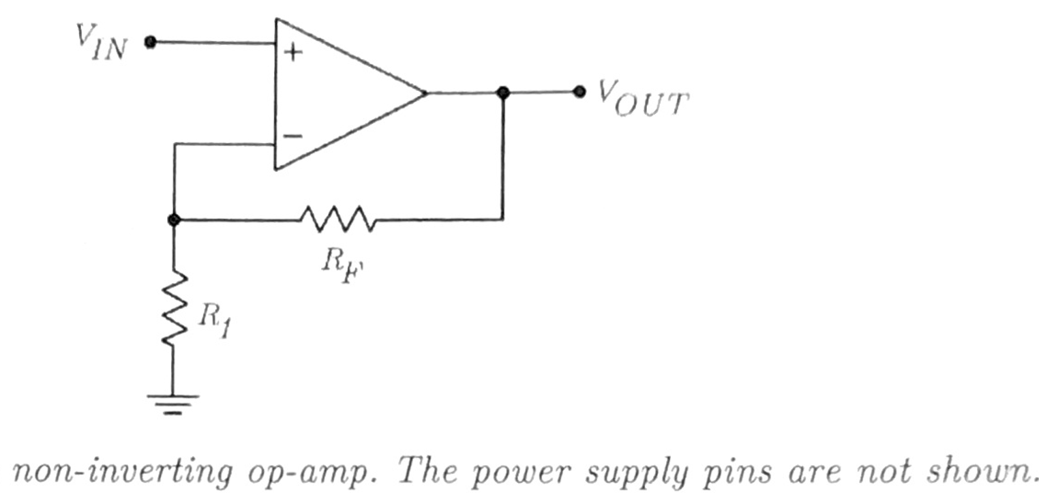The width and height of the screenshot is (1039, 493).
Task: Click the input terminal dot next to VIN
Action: (x=150, y=42)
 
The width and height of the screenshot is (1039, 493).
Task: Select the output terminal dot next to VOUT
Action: (x=579, y=91)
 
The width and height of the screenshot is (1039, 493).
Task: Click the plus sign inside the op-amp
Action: (x=292, y=53)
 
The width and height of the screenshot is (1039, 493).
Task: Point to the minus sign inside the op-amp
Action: (x=292, y=136)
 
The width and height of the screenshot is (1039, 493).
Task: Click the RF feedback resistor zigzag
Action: (x=337, y=220)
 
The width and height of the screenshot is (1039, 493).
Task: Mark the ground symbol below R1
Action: (x=173, y=402)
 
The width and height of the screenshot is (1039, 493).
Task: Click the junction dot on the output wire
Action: (x=503, y=92)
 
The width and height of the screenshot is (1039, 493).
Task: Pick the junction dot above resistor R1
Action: (x=174, y=220)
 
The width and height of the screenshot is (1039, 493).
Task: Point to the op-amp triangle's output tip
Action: (x=424, y=93)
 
